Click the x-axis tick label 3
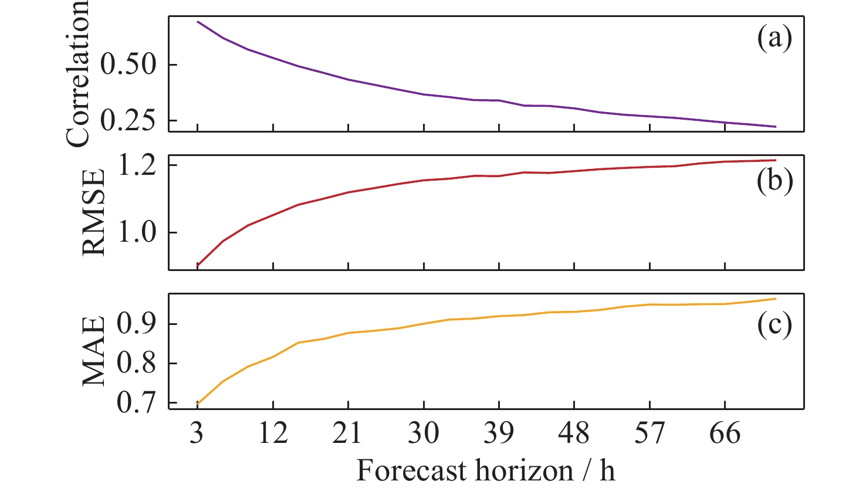pos(197,434)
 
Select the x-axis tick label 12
pos(273,434)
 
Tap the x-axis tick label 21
pos(348,434)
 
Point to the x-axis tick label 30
pos(424,434)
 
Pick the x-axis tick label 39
pos(499,434)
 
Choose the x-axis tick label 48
pos(574,434)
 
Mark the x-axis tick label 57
pos(649,434)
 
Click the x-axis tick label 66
pos(725,434)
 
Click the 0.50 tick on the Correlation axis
pos(130,64)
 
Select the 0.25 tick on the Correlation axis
pos(130,120)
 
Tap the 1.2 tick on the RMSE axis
pos(138,165)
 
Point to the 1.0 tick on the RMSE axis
pos(138,233)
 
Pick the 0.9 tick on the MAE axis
pos(138,324)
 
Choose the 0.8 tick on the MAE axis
pos(138,364)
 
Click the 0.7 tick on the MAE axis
pos(138,404)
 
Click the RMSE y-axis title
pos(94,212)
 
